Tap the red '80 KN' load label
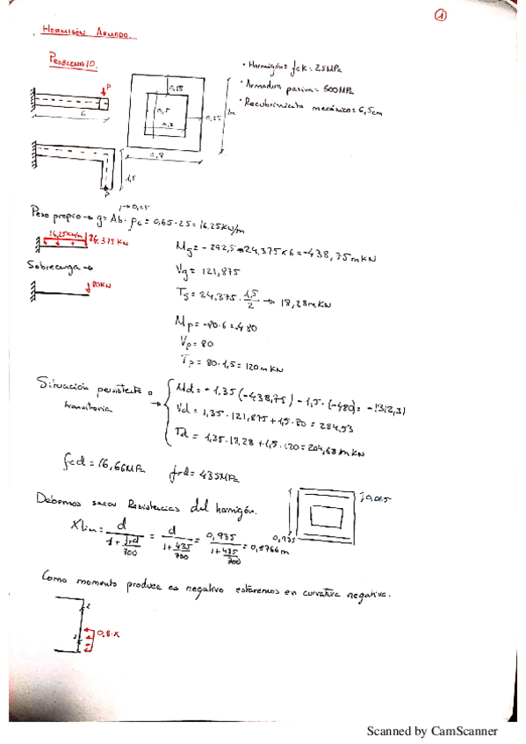104,284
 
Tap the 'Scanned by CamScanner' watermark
433,731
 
